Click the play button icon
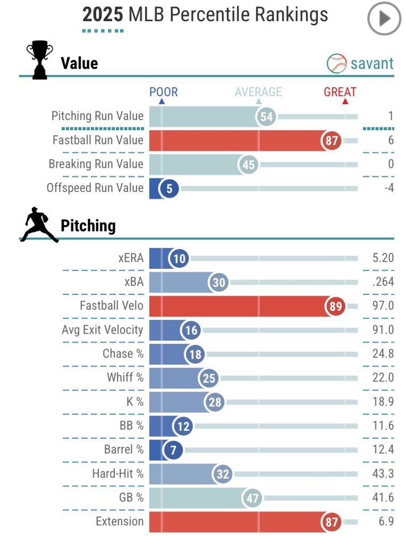[384, 19]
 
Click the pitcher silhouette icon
[39, 225]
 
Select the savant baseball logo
[337, 63]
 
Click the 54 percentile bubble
[267, 116]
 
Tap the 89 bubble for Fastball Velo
[335, 306]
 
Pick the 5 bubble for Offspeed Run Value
[169, 188]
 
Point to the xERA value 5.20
[383, 258]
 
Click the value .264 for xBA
[383, 282]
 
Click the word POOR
[163, 92]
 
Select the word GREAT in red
[340, 92]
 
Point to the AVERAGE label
[258, 92]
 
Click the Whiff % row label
[125, 378]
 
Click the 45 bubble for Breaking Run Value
[248, 164]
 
